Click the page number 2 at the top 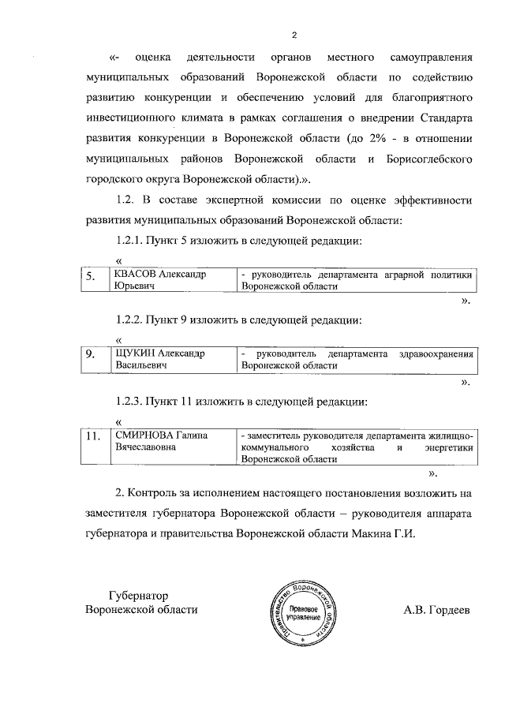(294, 35)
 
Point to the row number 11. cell (94, 440)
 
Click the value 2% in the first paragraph (361, 139)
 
